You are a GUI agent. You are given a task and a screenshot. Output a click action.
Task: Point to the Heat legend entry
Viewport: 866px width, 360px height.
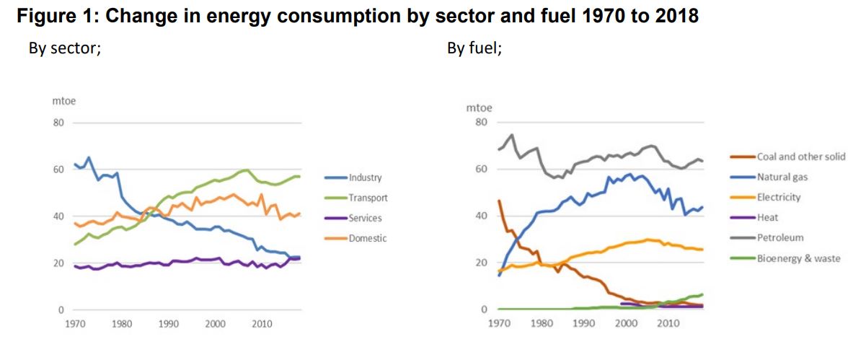click(767, 217)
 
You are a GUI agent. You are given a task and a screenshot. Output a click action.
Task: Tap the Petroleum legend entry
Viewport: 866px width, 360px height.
click(779, 237)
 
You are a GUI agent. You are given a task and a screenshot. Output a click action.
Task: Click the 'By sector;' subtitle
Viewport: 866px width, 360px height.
click(64, 49)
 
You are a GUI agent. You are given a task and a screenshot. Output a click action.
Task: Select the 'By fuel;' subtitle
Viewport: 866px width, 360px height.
click(474, 49)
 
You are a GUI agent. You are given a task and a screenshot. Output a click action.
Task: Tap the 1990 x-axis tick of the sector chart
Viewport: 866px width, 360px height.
click(168, 325)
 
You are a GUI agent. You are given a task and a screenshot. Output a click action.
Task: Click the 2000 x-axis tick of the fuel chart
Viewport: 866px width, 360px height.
click(626, 324)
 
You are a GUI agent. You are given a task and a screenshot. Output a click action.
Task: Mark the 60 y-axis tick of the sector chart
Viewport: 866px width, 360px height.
click(58, 170)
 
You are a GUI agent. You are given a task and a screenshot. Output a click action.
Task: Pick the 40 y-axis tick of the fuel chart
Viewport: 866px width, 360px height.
click(482, 216)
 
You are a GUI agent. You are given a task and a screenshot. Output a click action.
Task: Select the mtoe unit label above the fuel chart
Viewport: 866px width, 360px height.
click(479, 107)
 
